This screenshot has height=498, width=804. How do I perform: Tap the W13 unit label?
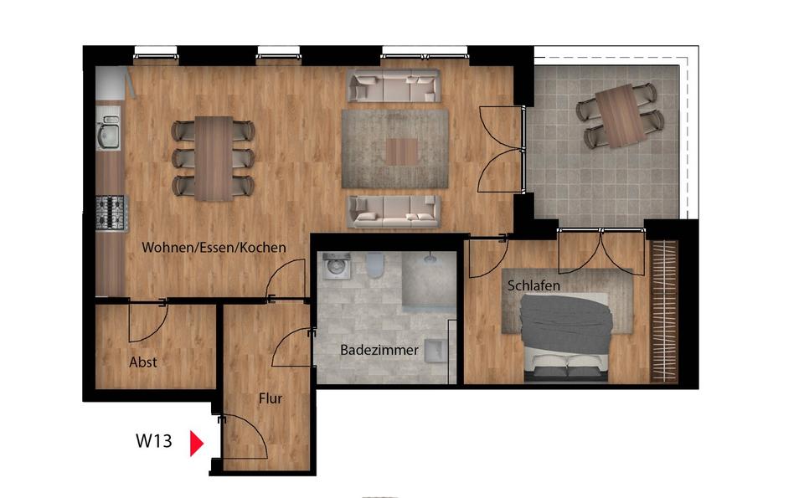154,441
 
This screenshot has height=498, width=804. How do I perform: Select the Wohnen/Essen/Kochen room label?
214,248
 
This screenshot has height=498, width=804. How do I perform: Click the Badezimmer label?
379,351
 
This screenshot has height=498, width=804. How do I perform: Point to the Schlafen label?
533,286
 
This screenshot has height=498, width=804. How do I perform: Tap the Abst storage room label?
143,362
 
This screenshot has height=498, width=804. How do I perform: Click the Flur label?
270,398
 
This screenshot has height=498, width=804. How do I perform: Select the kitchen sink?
109,134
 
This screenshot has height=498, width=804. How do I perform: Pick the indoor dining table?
214,158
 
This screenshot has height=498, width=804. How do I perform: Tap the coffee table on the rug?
401,151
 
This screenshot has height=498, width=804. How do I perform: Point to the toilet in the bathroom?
374,265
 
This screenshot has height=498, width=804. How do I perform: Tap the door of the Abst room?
147,323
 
